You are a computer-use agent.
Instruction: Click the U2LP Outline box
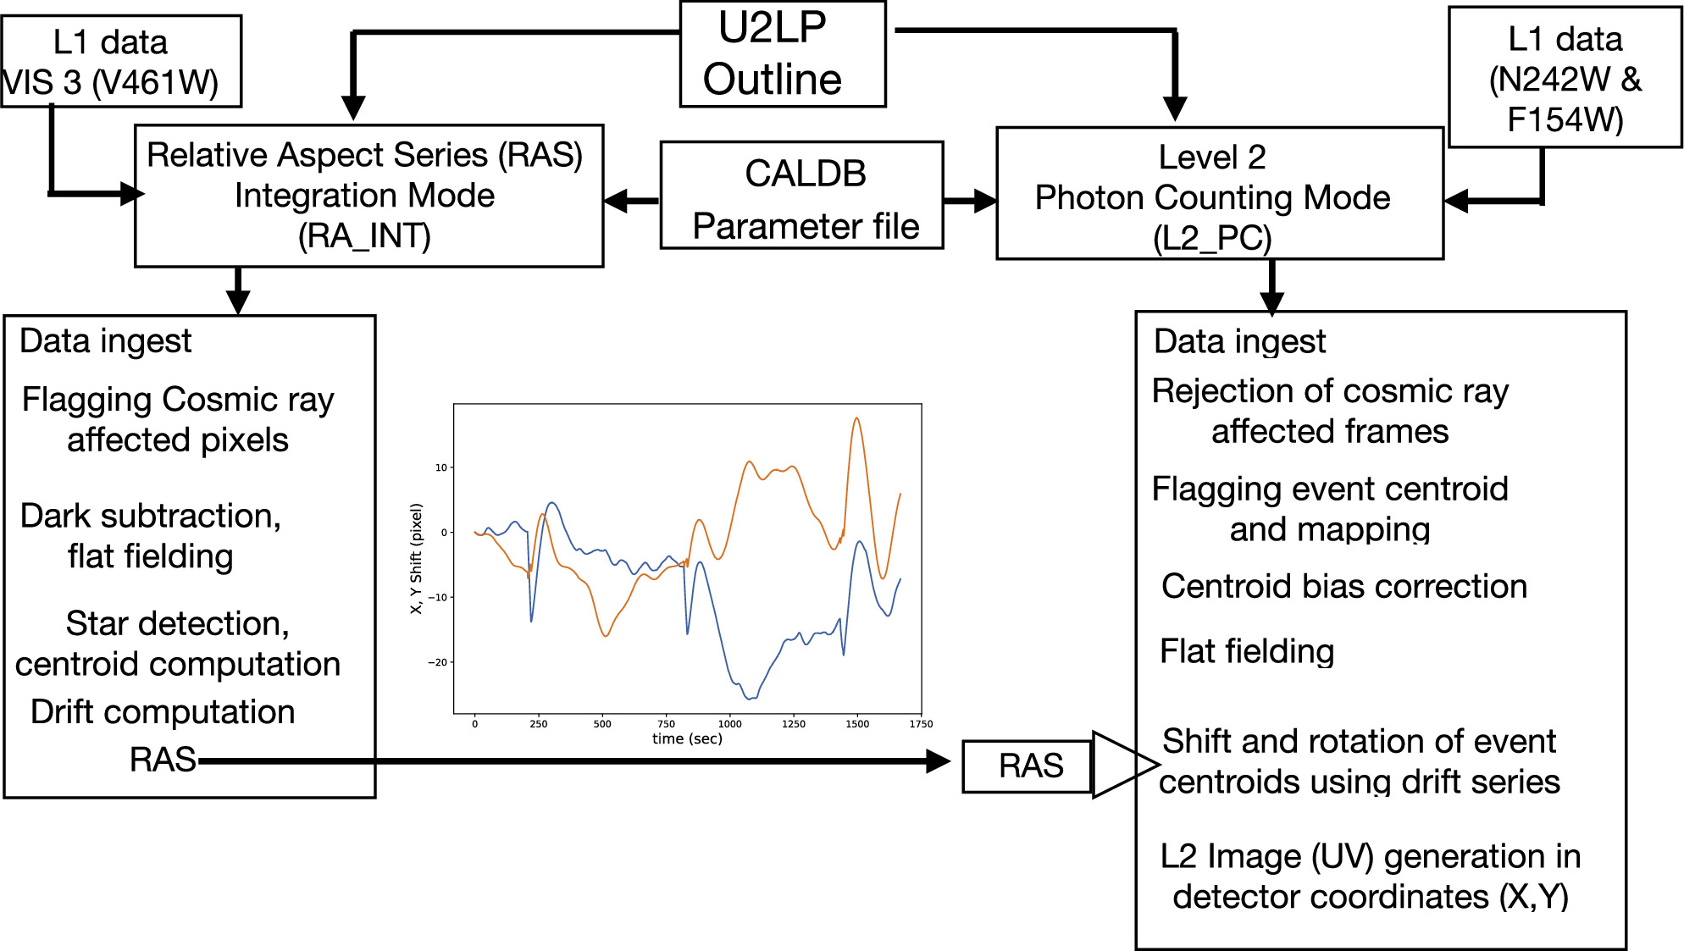tap(783, 54)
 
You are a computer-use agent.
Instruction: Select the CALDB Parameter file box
tap(801, 196)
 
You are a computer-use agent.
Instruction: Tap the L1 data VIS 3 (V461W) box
tap(121, 62)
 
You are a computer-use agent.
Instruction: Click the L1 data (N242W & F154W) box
tap(1564, 78)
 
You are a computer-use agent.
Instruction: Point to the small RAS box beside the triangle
tap(1028, 766)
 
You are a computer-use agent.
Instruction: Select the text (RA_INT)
tap(364, 236)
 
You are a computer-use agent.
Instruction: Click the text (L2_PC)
tap(1212, 238)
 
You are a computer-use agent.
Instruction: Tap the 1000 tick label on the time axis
tap(729, 724)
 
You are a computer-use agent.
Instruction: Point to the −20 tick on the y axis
tap(438, 662)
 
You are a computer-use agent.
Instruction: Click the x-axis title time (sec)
tap(687, 738)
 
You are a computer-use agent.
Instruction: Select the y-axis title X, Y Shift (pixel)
tap(416, 559)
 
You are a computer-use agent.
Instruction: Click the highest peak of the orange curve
tap(856, 418)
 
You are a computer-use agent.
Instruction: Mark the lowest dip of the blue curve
tap(750, 699)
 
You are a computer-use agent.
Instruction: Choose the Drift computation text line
tap(163, 712)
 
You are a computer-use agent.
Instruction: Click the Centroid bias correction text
tap(1343, 586)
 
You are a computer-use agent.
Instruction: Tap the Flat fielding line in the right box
tap(1246, 651)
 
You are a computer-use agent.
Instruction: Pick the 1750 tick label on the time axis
tap(921, 724)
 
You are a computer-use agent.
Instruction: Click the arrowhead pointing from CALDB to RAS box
tap(618, 201)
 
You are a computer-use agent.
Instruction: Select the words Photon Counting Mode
tap(1212, 197)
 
